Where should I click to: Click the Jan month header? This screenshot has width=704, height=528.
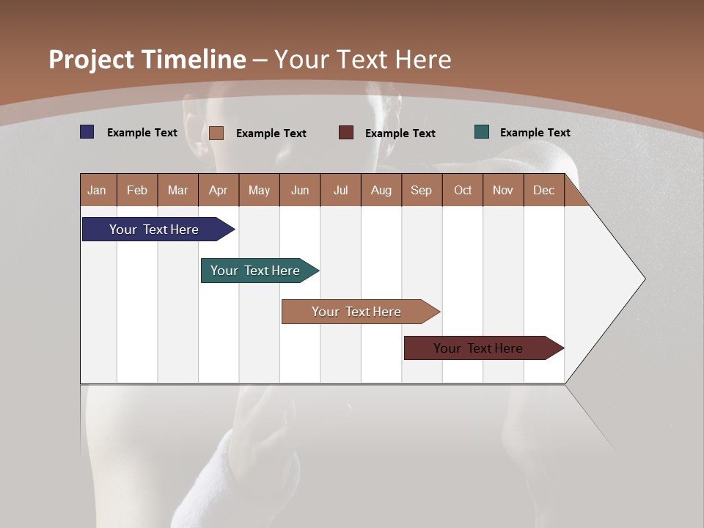(x=98, y=191)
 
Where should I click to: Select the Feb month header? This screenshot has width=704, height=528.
(x=137, y=191)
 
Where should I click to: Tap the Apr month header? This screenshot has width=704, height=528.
(x=219, y=191)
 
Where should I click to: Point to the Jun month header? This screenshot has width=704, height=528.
(x=300, y=191)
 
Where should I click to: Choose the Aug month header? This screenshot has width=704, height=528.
(x=381, y=191)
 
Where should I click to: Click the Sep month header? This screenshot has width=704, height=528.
(x=422, y=191)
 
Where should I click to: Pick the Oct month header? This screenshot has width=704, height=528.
(x=463, y=191)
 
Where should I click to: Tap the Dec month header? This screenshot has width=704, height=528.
(x=544, y=191)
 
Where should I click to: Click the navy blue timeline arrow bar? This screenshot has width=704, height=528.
(x=155, y=230)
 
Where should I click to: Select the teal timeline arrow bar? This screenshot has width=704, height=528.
(x=256, y=271)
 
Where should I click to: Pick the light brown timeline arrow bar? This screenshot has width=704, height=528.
(x=357, y=312)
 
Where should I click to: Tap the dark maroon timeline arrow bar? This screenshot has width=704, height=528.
(x=479, y=348)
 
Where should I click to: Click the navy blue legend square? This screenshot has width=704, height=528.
(x=87, y=132)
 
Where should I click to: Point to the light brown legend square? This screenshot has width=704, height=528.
(x=216, y=133)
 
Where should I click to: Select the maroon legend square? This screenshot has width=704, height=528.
(x=346, y=133)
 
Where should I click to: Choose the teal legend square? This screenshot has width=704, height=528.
(x=482, y=132)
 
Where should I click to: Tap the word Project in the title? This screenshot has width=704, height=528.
(x=91, y=59)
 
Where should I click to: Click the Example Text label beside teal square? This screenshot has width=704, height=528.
(x=535, y=133)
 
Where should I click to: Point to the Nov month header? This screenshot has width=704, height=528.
(x=503, y=191)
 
